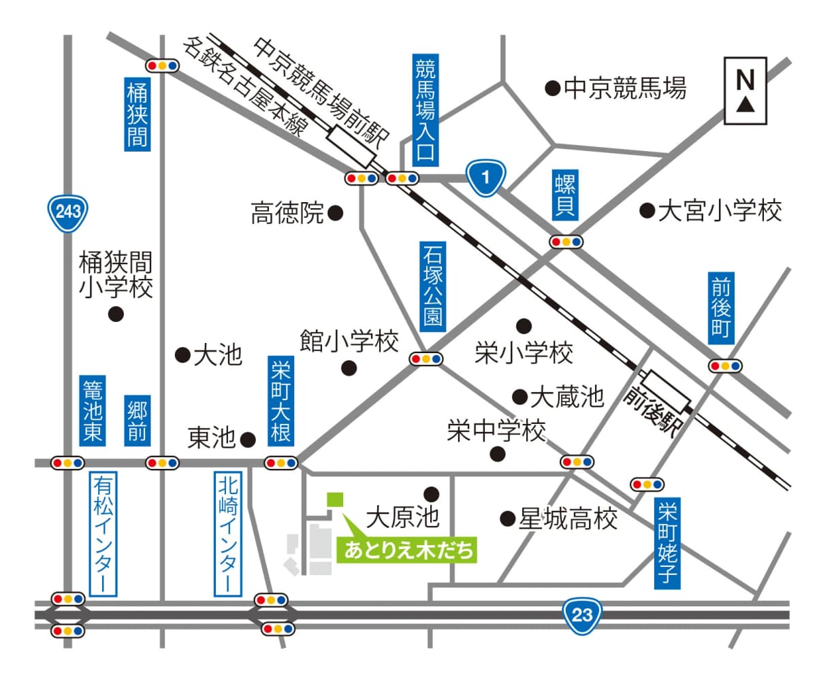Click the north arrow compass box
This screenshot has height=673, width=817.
[x=746, y=91]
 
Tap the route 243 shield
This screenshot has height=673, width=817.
[x=67, y=212]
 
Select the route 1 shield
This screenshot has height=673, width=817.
[x=485, y=178]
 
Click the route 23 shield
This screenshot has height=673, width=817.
[x=583, y=616]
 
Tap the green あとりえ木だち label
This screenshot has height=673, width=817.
[x=407, y=550]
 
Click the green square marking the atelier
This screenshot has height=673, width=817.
[x=335, y=499]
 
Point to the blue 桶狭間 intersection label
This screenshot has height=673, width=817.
[x=137, y=114]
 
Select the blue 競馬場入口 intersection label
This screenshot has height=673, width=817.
[x=424, y=111]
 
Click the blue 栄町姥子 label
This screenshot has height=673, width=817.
[x=668, y=544]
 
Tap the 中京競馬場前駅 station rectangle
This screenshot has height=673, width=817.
[x=352, y=146]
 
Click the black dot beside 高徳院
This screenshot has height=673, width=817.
[x=335, y=213]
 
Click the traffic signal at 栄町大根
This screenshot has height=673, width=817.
[x=281, y=462]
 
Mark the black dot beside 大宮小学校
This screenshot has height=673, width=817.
[x=646, y=210]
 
